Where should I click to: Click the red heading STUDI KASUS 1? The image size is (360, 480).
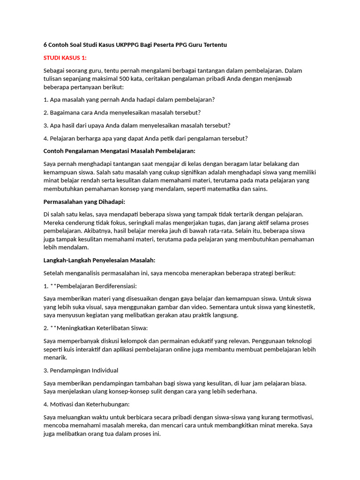(x=65, y=58)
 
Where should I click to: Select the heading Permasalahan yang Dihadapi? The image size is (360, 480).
(x=84, y=202)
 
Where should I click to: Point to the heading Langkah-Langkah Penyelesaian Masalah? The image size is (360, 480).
(x=99, y=260)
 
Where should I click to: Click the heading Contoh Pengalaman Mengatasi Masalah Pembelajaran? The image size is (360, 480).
(x=119, y=151)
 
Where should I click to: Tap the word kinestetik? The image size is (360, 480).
(x=300, y=307)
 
